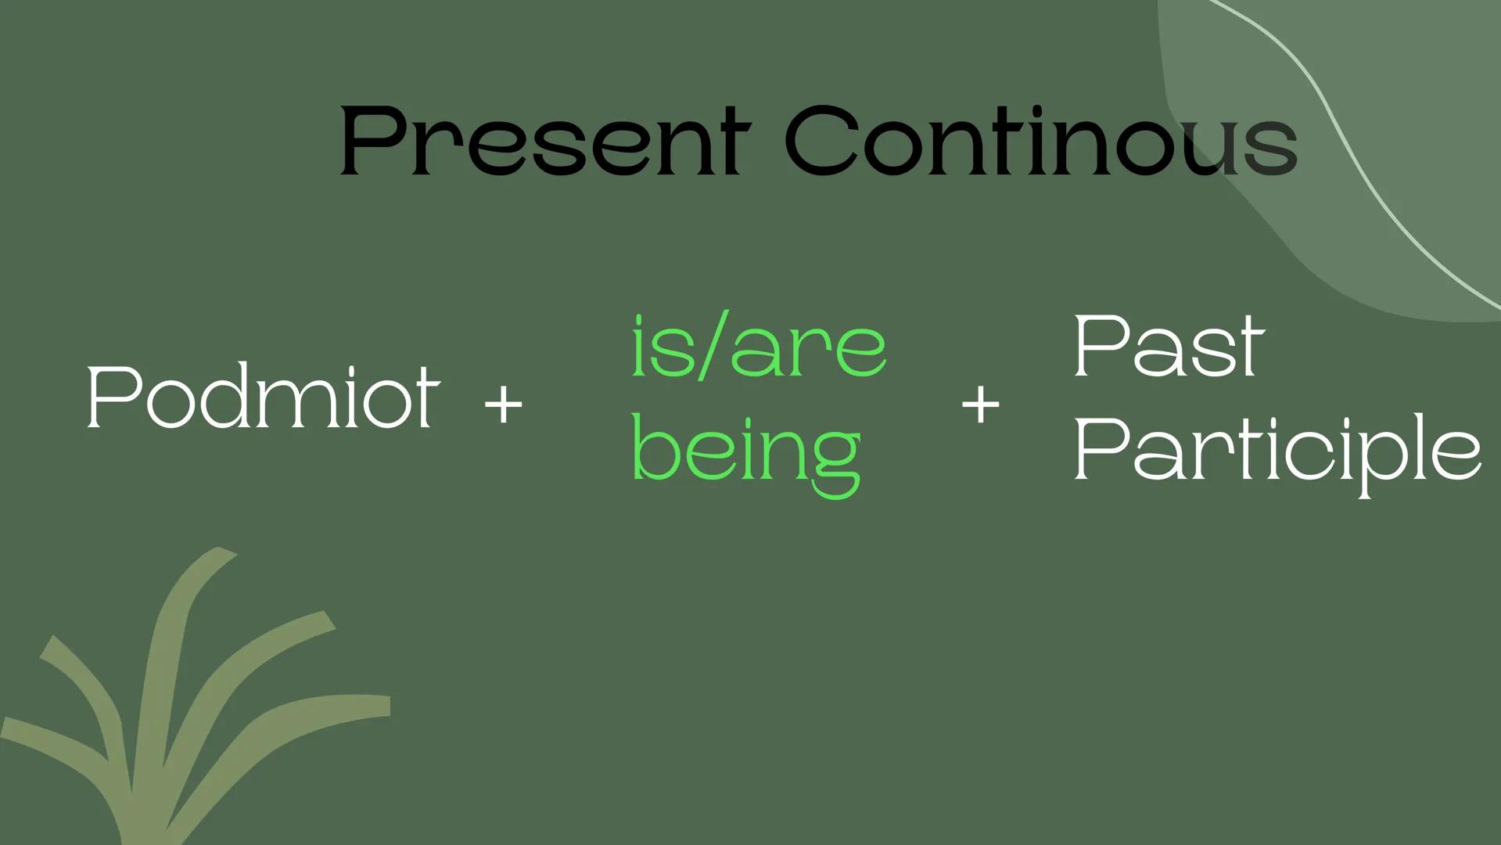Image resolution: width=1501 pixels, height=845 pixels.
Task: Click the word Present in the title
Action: (x=545, y=142)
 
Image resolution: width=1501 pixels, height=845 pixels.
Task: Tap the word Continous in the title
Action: (x=1040, y=142)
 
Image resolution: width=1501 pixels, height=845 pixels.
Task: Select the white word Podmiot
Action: (x=263, y=397)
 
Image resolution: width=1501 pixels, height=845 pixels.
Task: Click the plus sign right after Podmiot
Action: (x=503, y=405)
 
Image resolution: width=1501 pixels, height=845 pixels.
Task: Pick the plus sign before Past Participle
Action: (x=980, y=405)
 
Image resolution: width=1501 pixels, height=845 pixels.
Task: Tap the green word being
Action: (x=745, y=452)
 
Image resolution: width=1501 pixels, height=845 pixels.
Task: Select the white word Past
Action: (x=1168, y=346)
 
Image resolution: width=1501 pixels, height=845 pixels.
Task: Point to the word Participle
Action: (x=1277, y=451)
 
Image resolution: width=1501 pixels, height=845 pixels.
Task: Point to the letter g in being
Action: (x=832, y=462)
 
